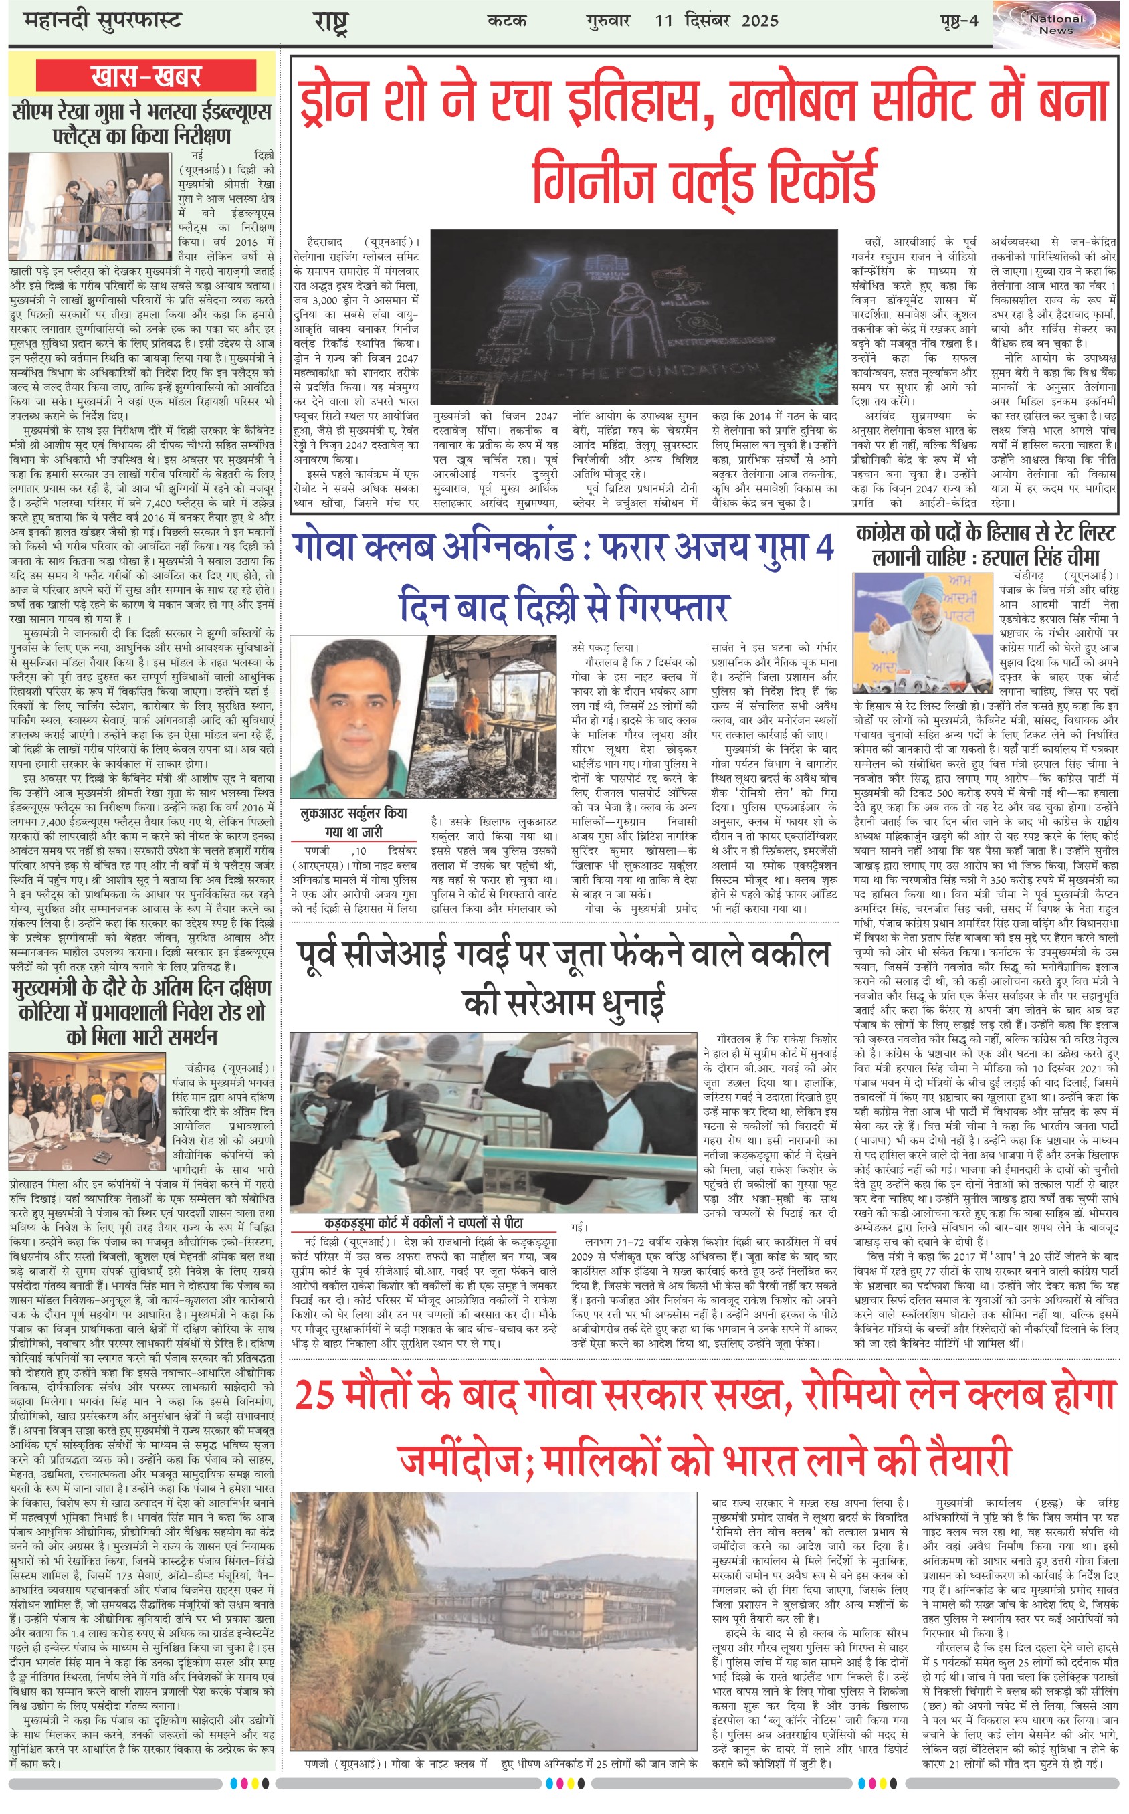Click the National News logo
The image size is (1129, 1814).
pos(1056,24)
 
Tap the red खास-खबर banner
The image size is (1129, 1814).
pos(146,76)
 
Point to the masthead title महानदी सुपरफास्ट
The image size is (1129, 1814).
pos(102,20)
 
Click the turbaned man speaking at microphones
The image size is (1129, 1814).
pos(923,631)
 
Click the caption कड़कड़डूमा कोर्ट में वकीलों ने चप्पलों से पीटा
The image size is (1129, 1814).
pos(423,1223)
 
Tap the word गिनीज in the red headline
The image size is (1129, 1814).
pos(597,178)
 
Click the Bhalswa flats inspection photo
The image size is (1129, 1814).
pos(91,205)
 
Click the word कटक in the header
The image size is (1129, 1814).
pos(506,20)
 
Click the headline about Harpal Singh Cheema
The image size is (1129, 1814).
pos(986,545)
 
